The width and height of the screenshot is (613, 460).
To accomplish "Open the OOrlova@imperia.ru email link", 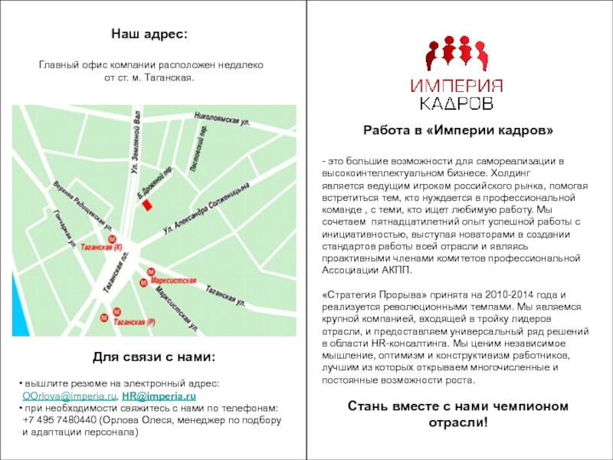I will [70, 396].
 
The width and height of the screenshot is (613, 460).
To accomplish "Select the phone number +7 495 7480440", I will [61, 420].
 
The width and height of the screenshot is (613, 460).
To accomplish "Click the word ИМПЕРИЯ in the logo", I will [457, 85].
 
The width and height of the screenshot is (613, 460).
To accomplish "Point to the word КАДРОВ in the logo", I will [457, 102].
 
